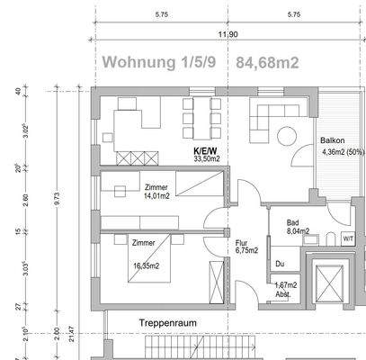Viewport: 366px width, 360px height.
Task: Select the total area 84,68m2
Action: coord(268,63)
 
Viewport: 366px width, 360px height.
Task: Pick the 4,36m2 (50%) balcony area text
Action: coord(342,151)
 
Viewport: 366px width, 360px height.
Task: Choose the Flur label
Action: coord(241,242)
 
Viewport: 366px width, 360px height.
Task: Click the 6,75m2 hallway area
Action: coord(246,251)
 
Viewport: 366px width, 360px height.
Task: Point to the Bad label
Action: coord(293,221)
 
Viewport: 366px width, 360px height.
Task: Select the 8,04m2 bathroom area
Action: coord(298,231)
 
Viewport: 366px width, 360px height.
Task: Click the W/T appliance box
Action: coord(348,238)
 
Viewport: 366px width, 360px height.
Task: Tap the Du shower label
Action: coord(281,264)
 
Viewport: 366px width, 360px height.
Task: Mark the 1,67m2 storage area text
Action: coord(286,285)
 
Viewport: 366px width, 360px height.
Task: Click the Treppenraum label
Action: coord(166,321)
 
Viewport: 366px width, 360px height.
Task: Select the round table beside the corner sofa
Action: coord(287,137)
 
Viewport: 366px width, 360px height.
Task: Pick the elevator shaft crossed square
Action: coord(326,284)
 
